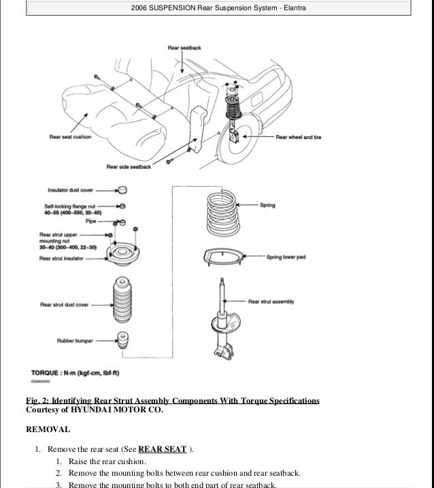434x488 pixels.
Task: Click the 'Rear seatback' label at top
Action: (184, 48)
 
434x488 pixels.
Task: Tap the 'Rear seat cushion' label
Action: (71, 137)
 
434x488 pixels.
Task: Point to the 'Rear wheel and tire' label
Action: (298, 137)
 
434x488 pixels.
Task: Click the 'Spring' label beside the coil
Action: (267, 204)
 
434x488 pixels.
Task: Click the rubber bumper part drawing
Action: (123, 340)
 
